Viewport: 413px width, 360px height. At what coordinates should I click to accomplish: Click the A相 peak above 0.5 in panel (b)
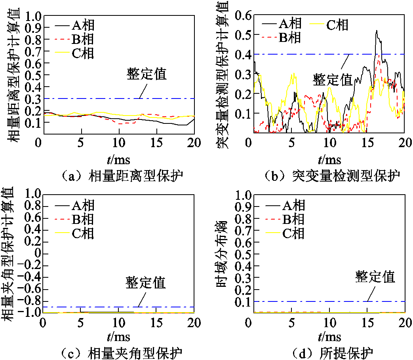[x=377, y=31]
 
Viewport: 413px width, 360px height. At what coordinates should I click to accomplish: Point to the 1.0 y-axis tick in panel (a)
[x=32, y=16]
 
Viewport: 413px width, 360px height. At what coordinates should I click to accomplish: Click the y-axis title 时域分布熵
[x=222, y=253]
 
